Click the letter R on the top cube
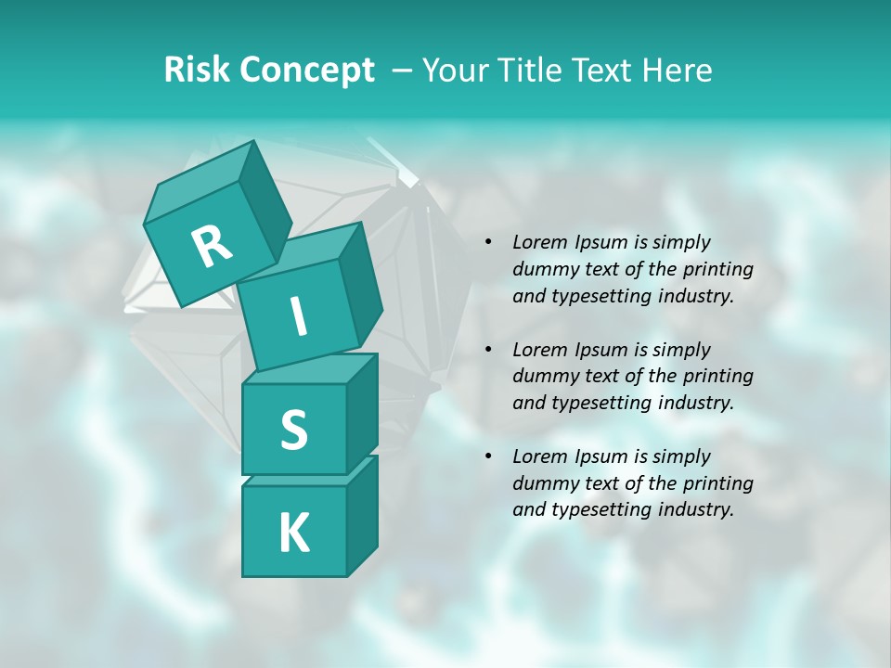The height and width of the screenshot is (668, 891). pyautogui.click(x=212, y=247)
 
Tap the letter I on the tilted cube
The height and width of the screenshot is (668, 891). pyautogui.click(x=298, y=317)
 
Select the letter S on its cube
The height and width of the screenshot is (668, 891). pyautogui.click(x=293, y=430)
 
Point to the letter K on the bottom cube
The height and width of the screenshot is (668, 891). pyautogui.click(x=293, y=533)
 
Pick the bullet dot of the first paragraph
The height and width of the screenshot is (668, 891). pyautogui.click(x=487, y=242)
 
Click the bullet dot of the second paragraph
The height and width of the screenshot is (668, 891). pyautogui.click(x=487, y=350)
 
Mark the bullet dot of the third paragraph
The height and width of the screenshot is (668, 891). pyautogui.click(x=487, y=456)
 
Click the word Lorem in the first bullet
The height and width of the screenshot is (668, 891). pyautogui.click(x=540, y=242)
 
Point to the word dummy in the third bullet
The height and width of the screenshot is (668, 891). pyautogui.click(x=543, y=483)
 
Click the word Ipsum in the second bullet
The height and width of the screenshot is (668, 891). pyautogui.click(x=601, y=350)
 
